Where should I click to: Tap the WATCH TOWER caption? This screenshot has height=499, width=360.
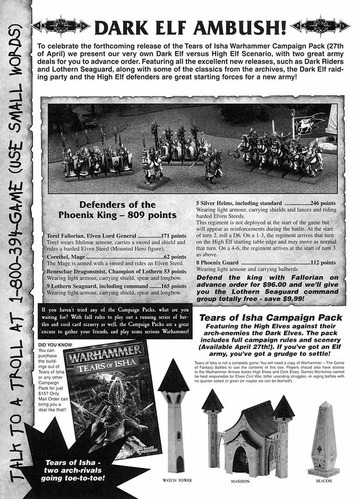tap(177, 480)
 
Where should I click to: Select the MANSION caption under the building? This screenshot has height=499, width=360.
tap(240, 481)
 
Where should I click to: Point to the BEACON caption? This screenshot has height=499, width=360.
tap(323, 481)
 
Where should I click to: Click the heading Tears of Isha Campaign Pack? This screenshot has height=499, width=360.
tap(271, 318)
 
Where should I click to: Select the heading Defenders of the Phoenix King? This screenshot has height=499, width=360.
tap(118, 209)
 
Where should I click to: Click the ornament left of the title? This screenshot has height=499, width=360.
tap(61, 26)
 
